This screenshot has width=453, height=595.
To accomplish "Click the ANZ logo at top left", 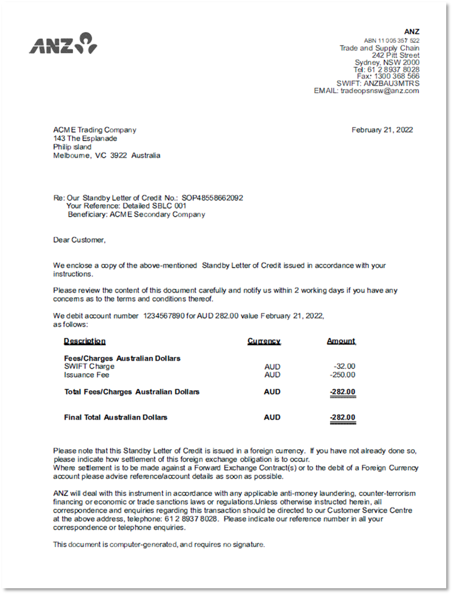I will pyautogui.click(x=63, y=44).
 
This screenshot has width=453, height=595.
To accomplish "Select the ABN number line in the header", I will pyautogui.click(x=391, y=40).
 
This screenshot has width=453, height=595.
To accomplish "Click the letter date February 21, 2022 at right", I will pyautogui.click(x=382, y=130).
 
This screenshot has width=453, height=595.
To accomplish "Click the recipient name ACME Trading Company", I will pyautogui.click(x=94, y=130).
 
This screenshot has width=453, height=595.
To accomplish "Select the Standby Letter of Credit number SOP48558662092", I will pyautogui.click(x=212, y=198).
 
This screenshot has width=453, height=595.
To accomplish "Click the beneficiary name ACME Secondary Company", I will pyautogui.click(x=157, y=214).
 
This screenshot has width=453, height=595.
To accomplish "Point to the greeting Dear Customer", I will pyautogui.click(x=79, y=240).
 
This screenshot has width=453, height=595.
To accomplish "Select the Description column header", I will pyautogui.click(x=85, y=341).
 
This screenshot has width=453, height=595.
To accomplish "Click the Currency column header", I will pyautogui.click(x=264, y=341).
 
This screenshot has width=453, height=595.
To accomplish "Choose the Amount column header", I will pyautogui.click(x=341, y=341).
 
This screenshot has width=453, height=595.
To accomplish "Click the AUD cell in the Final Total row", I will pyautogui.click(x=272, y=417).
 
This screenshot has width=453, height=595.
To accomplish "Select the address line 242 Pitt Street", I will pyautogui.click(x=396, y=55).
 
